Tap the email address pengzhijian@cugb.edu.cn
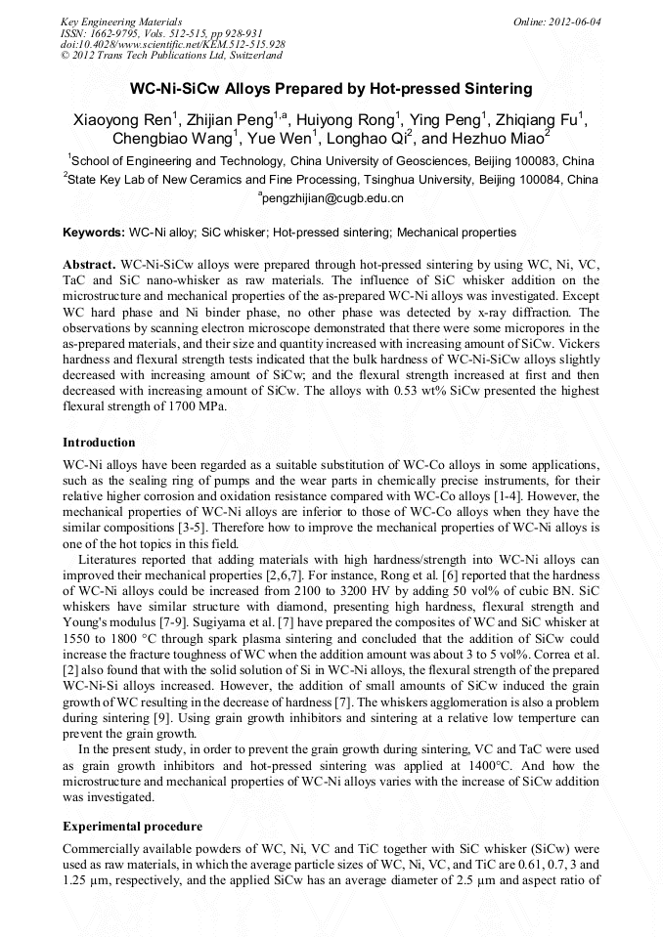pyautogui.click(x=332, y=198)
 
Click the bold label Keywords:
pyautogui.click(x=94, y=234)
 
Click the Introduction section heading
pyautogui.click(x=99, y=443)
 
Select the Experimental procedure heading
pyautogui.click(x=132, y=827)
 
